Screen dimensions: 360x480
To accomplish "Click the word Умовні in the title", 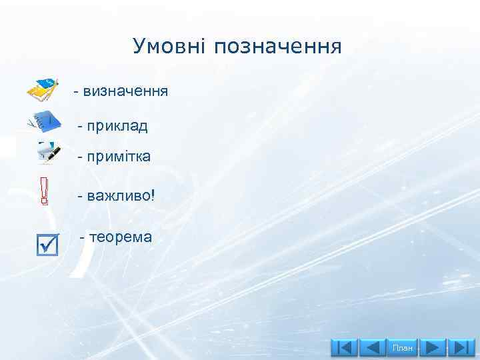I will coord(171,47).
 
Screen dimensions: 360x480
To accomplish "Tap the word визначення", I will coord(125,90).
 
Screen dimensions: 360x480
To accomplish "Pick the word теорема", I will coord(120,237).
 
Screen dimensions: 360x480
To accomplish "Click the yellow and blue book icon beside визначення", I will coord(43,89).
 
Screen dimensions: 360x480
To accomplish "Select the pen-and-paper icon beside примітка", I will coord(48,153).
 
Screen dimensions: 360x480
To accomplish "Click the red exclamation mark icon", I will coord(44,191).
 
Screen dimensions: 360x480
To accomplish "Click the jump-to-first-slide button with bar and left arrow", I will coord(344,348).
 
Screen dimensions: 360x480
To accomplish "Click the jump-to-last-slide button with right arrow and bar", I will coord(461,348).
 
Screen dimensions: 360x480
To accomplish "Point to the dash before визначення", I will coord(76,91).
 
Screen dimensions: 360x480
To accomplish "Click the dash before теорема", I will coord(83,237).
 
